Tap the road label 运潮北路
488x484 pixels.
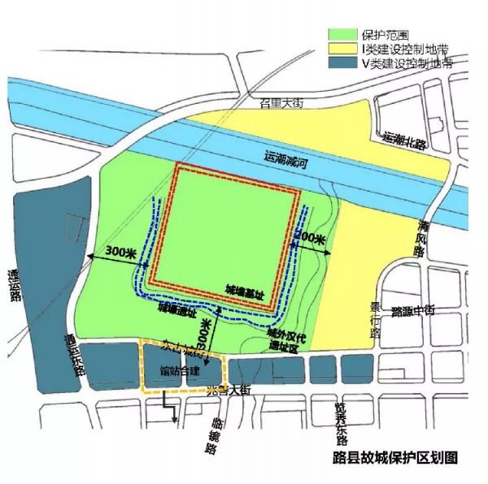[x=404, y=141]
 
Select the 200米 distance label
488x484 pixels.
[x=310, y=240]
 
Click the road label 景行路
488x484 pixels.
[x=376, y=319]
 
